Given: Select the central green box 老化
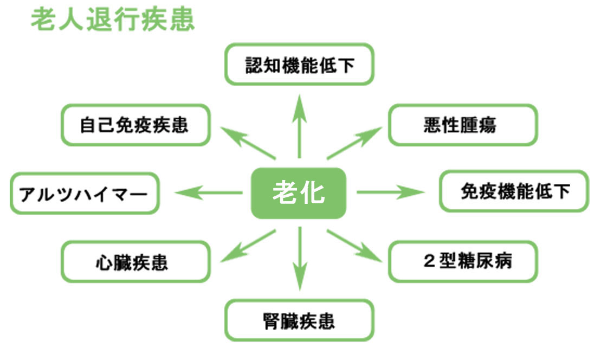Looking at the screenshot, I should coord(298,193).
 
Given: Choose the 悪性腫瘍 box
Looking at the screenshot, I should coord(462,125).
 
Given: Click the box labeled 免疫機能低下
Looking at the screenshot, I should coord(513,191).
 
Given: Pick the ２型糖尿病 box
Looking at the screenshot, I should coord(462,261).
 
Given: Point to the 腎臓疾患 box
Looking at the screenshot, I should coord(299,320).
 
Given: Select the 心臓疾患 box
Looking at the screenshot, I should coord(135,262).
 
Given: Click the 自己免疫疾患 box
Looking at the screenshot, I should coord(135,125).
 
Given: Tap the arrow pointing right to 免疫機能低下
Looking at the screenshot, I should coord(389,192).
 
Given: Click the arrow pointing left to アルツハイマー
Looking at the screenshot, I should coord(209,192).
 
